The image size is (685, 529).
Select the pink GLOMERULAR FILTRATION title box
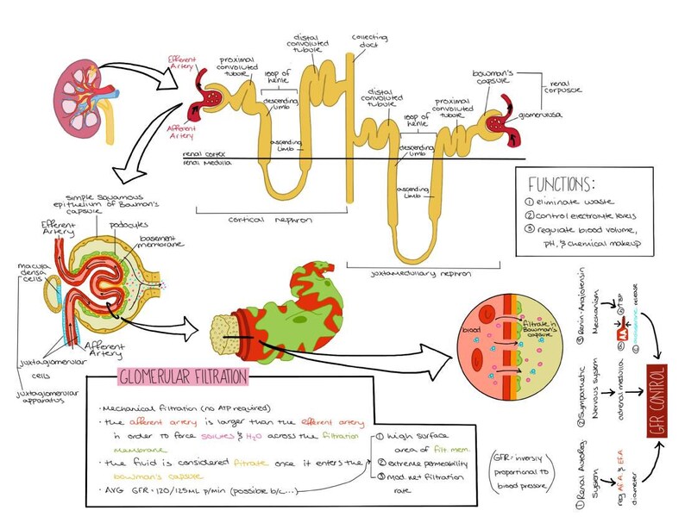pos(182,376)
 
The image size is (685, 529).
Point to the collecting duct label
pos(369,42)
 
